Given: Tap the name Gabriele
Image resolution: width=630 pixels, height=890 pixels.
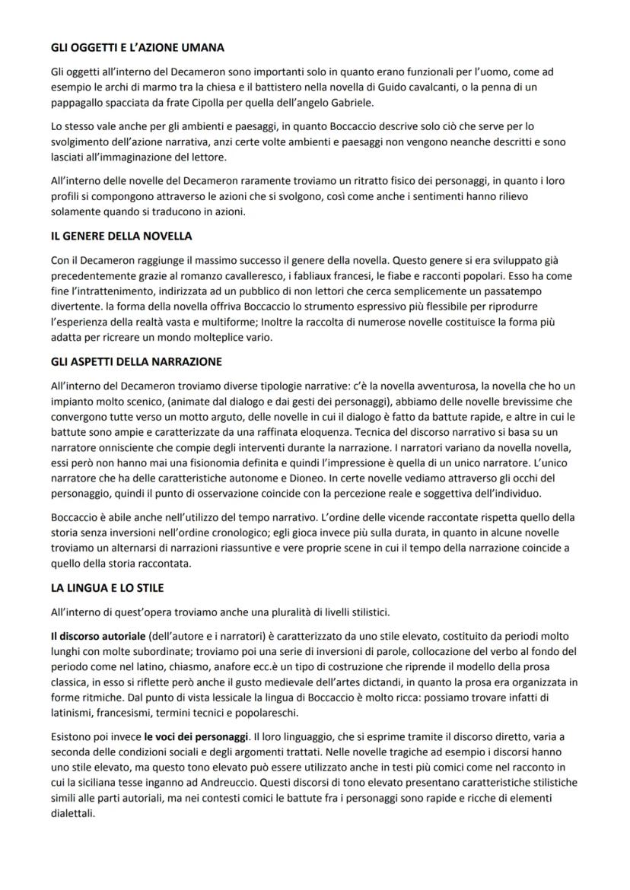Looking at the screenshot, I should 350,103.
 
